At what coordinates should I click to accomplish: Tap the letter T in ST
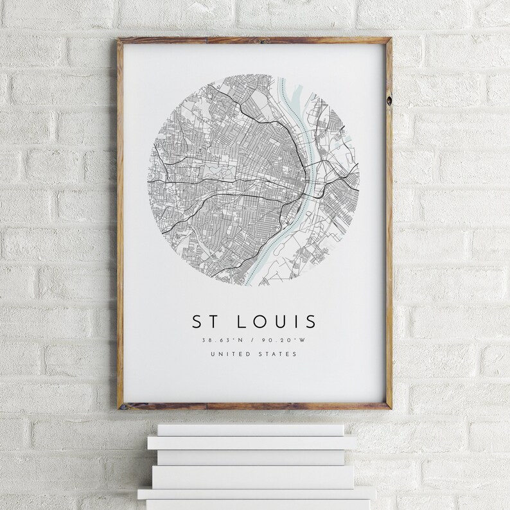(213, 319)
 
